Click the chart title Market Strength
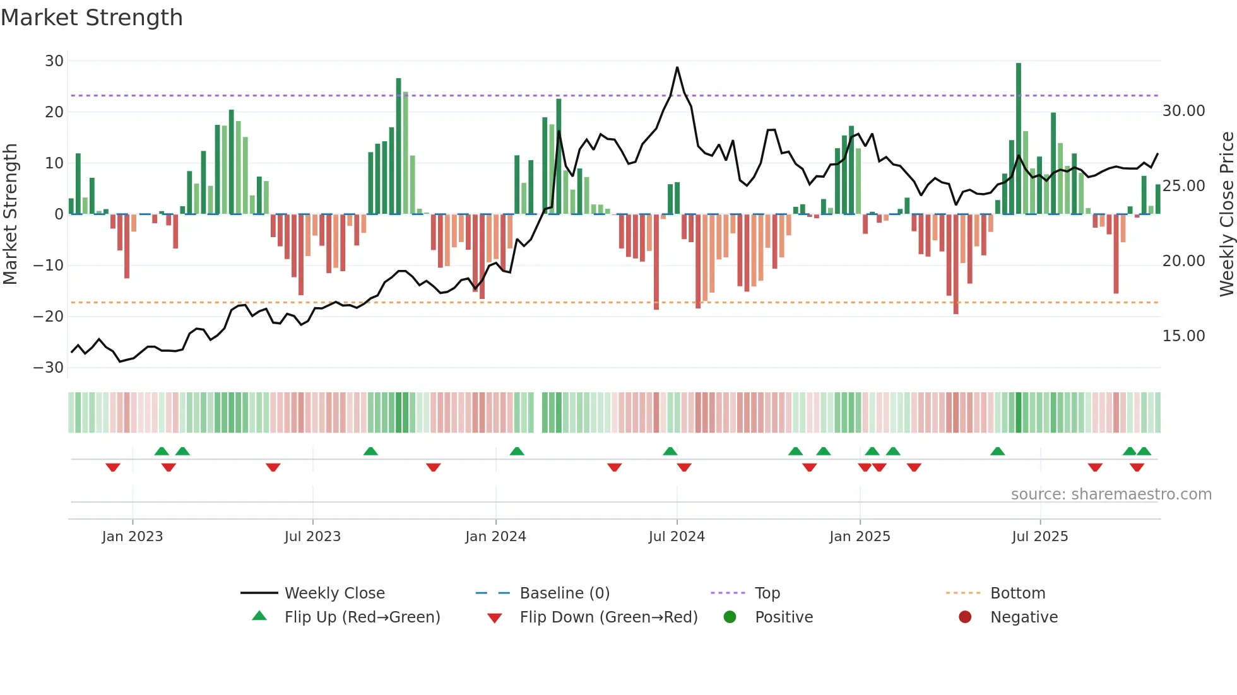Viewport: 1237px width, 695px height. pos(92,18)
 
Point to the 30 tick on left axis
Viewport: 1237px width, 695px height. pos(54,61)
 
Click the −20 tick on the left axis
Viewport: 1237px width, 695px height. pos(49,317)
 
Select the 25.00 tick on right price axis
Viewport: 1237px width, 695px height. pos(1183,186)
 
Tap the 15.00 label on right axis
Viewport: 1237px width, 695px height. pos(1183,336)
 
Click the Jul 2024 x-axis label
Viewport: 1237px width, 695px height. pos(677,537)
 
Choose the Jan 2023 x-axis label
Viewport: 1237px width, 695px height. pos(133,537)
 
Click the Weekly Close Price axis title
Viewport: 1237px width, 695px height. pos(1226,214)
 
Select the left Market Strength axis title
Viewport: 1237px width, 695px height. pos(10,214)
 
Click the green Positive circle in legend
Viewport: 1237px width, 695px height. pos(730,617)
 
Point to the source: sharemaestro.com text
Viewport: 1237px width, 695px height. pos(1111,494)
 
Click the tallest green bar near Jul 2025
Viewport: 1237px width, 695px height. pos(1019,139)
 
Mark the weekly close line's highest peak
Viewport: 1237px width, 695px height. pos(677,67)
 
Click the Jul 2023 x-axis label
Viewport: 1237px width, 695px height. pos(312,537)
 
